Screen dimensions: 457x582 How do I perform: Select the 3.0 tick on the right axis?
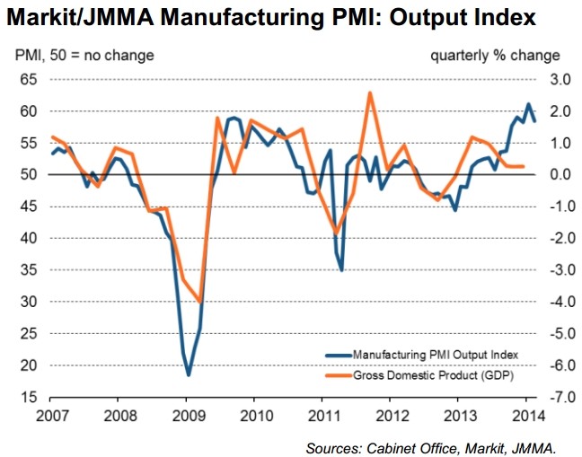click(x=551, y=79)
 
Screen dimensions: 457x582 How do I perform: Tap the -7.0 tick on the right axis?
click(x=549, y=397)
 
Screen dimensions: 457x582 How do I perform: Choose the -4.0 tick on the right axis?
click(x=549, y=302)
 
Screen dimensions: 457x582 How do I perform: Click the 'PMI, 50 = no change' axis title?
click(x=84, y=56)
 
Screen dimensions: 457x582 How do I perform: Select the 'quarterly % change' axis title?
click(x=495, y=56)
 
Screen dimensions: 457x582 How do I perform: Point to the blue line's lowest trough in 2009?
click(x=189, y=374)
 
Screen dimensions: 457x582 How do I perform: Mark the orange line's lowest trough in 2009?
click(x=198, y=303)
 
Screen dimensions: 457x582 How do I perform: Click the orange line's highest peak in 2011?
click(x=370, y=93)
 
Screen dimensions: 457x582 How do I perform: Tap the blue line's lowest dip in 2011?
click(x=341, y=269)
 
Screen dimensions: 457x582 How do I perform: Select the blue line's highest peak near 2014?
click(x=528, y=105)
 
